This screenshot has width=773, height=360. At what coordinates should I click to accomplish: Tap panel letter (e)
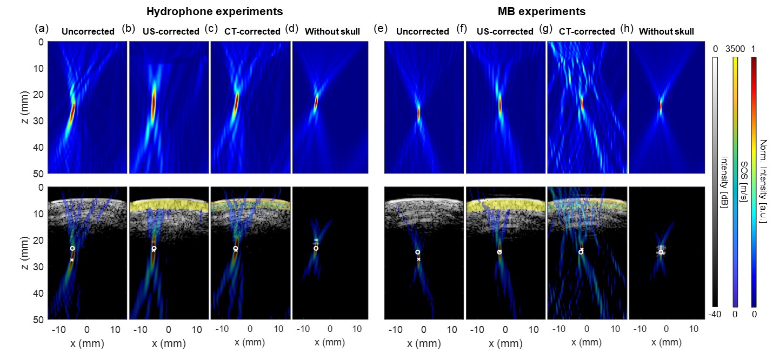point(381,29)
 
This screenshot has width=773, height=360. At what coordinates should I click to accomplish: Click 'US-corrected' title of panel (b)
point(171,31)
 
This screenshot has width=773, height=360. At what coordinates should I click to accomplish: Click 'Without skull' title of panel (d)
point(332,31)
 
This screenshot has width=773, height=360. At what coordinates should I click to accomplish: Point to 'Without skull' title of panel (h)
point(667,31)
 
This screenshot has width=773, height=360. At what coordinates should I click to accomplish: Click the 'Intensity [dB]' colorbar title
point(724,181)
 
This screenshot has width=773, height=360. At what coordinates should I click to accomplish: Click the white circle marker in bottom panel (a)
point(72,248)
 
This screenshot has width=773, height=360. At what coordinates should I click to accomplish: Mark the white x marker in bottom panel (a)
point(72,260)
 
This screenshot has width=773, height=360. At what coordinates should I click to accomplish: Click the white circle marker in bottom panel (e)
point(417,252)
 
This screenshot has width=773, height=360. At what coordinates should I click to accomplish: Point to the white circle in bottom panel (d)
point(316,248)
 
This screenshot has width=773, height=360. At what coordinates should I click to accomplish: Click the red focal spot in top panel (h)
point(661,106)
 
